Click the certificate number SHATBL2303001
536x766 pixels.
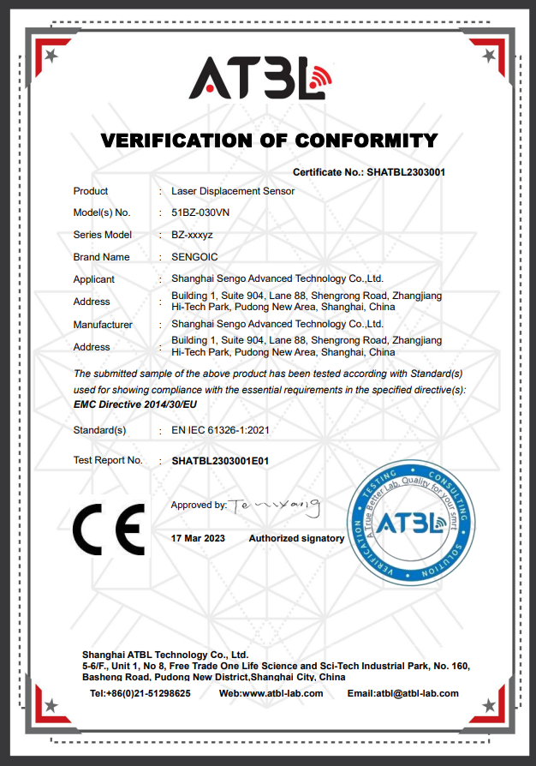(406, 172)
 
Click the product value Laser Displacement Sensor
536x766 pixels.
(233, 191)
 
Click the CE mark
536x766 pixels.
(108, 531)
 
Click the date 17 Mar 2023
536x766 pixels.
(198, 538)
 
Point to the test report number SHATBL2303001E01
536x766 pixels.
(220, 460)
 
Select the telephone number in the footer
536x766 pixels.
(140, 693)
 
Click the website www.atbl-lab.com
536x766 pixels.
(271, 693)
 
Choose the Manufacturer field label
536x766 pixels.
(103, 325)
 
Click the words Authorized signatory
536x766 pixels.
(296, 538)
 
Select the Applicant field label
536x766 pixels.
(94, 279)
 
